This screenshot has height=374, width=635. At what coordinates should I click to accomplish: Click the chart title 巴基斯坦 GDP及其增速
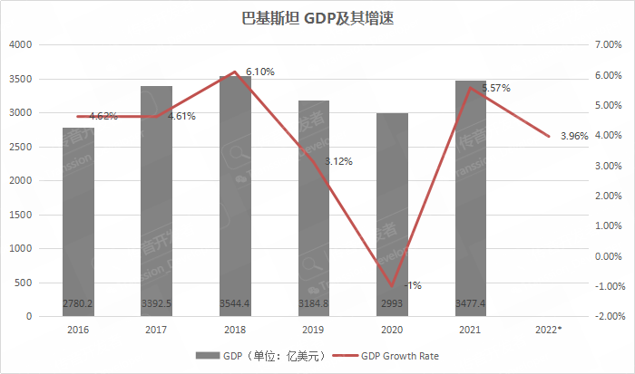pos(317,17)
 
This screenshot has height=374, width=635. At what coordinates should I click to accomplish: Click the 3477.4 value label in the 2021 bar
pos(470,302)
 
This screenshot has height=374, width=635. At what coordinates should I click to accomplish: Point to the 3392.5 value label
pos(157,302)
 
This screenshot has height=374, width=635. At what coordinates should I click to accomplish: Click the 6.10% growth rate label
pos(260,72)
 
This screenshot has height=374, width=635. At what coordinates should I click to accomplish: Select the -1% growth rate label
pos(413,285)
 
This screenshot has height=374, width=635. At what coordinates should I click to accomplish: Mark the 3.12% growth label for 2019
pos(338,161)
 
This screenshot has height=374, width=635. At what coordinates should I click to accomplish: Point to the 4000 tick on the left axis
pos(21,44)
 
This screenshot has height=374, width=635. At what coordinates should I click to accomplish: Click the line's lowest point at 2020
pos(392,286)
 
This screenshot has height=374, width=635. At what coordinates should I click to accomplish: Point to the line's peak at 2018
pos(235,72)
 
